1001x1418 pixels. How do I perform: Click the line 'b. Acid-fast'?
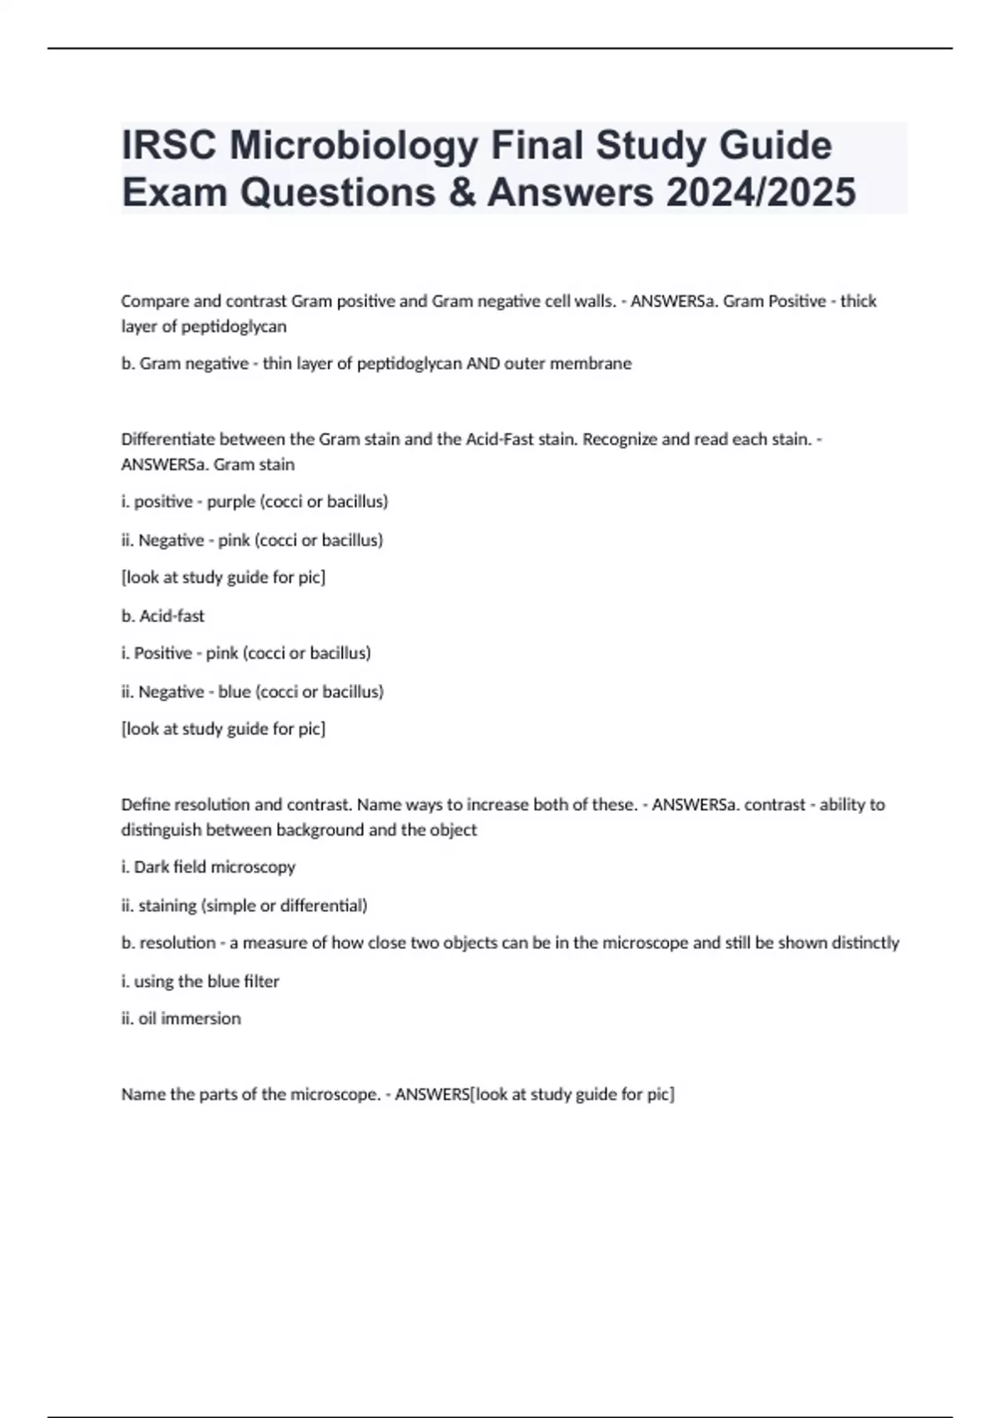point(163,616)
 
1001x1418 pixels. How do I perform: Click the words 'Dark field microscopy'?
point(214,867)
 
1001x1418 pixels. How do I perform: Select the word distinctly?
point(865,943)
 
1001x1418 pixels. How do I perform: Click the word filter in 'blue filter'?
point(261,982)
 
